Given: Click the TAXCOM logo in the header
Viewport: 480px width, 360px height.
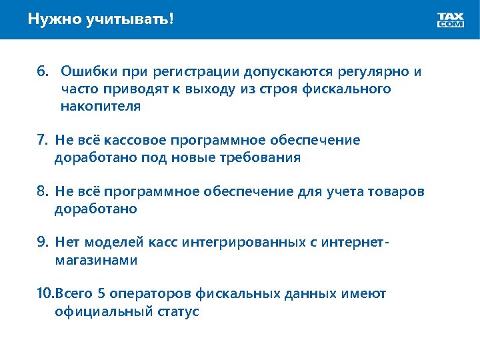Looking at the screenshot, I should (x=450, y=20).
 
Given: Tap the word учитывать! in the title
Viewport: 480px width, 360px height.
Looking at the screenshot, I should (x=130, y=19).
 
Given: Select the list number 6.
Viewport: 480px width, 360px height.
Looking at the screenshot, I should (x=42, y=71).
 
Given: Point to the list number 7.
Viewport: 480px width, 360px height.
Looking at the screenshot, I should (x=42, y=140).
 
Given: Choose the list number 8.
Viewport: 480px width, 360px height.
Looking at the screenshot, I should (x=42, y=191).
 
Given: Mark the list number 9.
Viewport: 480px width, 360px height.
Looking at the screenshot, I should (x=42, y=243).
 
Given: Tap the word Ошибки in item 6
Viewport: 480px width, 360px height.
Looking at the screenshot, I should (x=85, y=71).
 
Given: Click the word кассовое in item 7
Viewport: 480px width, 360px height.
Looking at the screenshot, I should (x=137, y=140).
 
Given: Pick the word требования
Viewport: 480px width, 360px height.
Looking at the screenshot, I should (x=267, y=157).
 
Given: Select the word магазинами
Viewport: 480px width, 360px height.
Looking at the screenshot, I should (x=96, y=260).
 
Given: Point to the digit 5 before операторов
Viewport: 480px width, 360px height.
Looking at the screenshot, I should (x=102, y=294).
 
